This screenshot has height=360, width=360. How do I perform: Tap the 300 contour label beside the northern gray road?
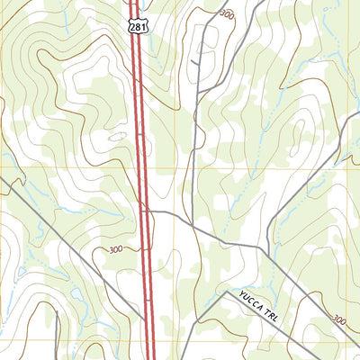coord(226,15)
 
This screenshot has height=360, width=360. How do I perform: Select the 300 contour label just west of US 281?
coord(114,249)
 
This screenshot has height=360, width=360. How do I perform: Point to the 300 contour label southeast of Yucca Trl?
coord(337,319)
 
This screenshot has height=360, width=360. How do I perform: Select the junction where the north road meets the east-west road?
coord(191,224)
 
